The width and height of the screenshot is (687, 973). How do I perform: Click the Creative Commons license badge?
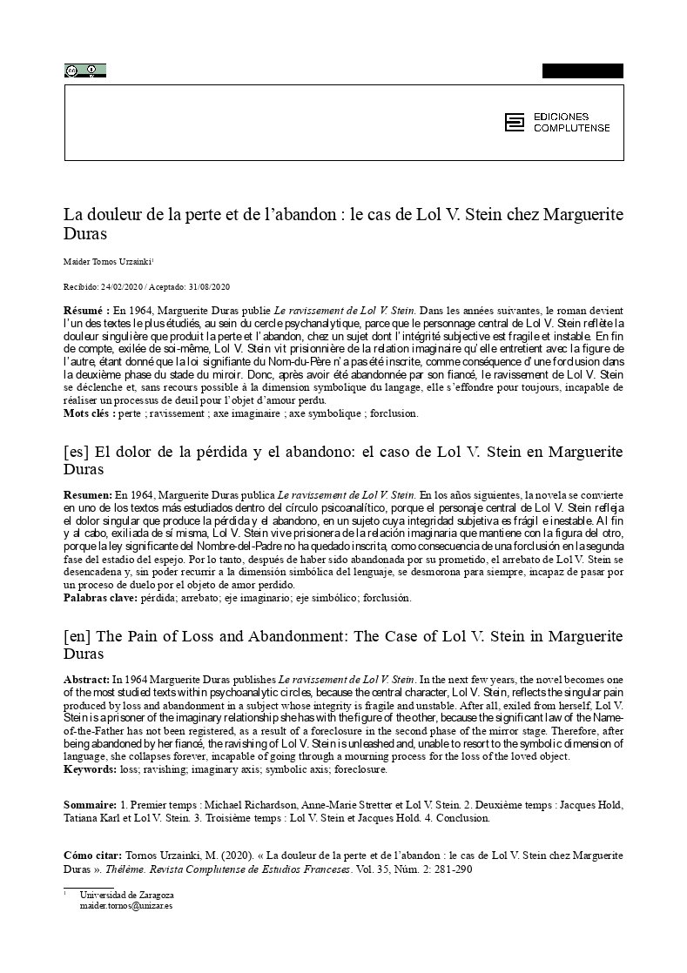(84, 70)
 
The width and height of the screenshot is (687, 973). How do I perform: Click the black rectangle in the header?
(583, 70)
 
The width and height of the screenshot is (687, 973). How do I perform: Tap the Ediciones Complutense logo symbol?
(515, 123)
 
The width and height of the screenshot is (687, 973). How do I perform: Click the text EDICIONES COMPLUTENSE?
(571, 123)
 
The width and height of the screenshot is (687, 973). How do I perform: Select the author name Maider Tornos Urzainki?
(107, 260)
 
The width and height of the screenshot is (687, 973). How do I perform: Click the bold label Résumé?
(86, 310)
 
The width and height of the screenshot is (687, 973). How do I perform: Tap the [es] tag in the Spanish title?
(76, 453)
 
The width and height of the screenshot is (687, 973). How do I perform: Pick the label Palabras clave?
(99, 598)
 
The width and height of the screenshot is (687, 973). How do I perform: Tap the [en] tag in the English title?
(77, 636)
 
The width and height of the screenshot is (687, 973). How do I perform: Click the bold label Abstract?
(87, 678)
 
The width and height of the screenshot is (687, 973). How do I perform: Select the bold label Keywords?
(90, 769)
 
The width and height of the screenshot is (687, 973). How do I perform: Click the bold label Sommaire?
(91, 805)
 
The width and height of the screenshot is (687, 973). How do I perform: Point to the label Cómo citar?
(94, 856)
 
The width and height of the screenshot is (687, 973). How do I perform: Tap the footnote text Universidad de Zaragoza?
(126, 895)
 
